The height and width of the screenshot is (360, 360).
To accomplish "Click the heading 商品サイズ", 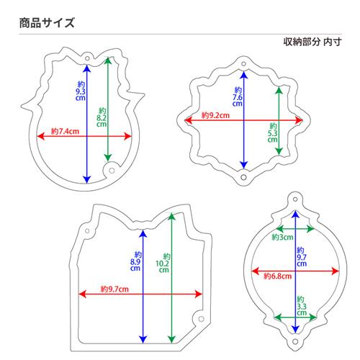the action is pos(47,23).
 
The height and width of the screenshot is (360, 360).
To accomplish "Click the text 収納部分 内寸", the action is pos(312,42).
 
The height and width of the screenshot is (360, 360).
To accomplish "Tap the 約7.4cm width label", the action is pos(65,131).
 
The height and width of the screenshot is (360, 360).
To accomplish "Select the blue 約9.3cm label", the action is pos(81,91).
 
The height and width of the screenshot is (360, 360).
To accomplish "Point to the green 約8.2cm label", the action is pos(102,117).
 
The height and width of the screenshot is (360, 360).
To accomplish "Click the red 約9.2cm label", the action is pos(215,115).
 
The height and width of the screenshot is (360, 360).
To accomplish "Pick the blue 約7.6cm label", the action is pos(238,97).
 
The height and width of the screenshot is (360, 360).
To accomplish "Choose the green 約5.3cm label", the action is pos(273,132).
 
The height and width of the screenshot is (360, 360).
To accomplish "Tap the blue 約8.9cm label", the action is pos(135,261).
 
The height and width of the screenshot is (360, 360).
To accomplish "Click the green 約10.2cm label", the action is pos(163,263).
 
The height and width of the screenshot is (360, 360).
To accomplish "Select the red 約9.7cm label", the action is pos(114,289).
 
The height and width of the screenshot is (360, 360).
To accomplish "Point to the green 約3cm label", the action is pos(282,238).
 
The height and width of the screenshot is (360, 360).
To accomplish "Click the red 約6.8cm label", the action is pos(278,276).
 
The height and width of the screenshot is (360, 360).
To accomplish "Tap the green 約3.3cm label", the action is pos(302,306).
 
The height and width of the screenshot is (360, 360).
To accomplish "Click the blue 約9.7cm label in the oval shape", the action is pos(302,257).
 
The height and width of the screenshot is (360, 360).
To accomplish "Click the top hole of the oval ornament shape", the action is pos(295,199).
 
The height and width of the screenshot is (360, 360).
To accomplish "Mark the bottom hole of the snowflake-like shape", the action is pos(243,177).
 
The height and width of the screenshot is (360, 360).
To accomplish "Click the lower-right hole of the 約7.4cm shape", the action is pos(112,171).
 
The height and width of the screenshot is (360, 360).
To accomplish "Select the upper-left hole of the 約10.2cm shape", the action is pos(87,231).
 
